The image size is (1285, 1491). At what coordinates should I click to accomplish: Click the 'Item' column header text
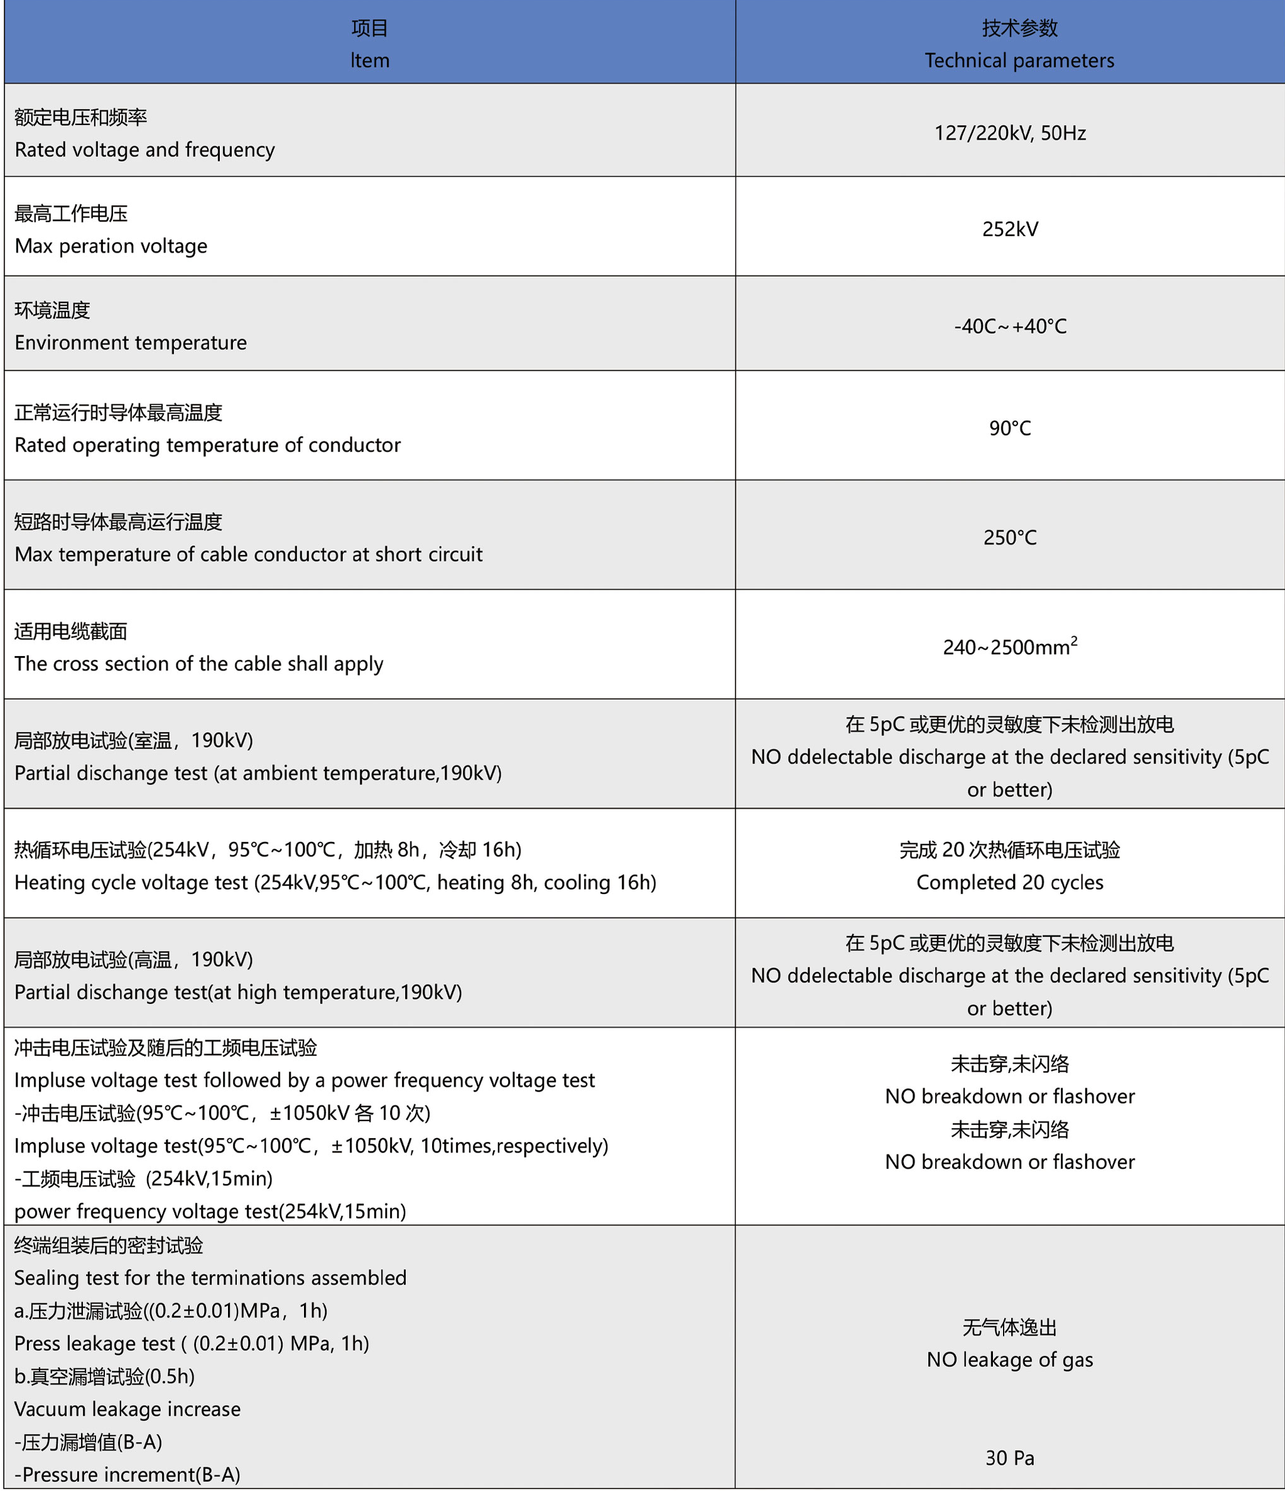coord(370,60)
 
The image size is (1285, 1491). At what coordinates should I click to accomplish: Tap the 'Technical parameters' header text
coord(1019,60)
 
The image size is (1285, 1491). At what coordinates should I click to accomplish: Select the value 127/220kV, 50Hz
coord(1009,133)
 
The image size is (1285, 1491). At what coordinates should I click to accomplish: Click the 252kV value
coord(1009,230)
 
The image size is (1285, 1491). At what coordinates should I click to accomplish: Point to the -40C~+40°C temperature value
coord(1009,326)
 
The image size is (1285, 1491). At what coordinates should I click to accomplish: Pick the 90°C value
coord(1009,429)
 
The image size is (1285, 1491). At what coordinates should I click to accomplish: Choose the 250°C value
coord(1009,538)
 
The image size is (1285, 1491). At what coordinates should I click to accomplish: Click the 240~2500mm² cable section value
coord(1009,647)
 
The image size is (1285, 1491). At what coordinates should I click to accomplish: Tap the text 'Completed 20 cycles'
coord(1009,883)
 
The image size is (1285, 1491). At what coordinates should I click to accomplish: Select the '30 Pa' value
coord(1009,1458)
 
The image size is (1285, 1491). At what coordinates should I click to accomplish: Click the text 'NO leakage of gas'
coord(1009,1360)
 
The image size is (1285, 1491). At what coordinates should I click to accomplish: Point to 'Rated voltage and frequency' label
coord(144,149)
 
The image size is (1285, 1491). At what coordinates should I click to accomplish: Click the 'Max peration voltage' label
coord(111,246)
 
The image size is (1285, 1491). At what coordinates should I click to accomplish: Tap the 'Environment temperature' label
coord(130,343)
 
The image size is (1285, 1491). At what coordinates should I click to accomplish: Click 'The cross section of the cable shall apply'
coord(198,664)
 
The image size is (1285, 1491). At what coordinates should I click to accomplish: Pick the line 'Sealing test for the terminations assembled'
coord(210,1278)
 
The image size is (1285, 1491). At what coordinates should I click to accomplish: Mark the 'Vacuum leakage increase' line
coord(127,1409)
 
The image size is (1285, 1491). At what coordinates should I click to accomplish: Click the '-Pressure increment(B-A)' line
coord(127,1475)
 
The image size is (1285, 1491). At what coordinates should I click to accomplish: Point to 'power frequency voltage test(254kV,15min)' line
coord(210,1212)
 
